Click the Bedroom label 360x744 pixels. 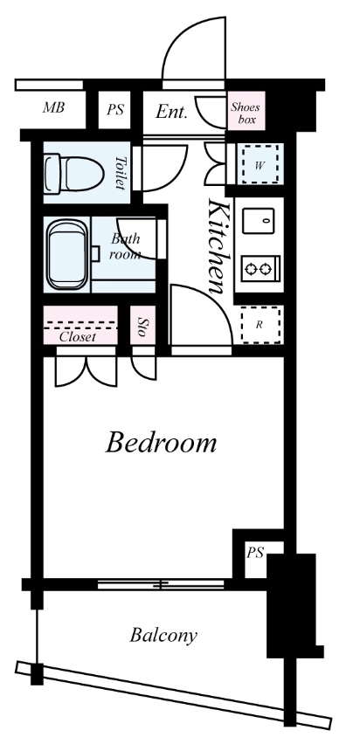[x=161, y=442]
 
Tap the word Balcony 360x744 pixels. [x=163, y=636]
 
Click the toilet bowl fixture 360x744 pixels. [x=74, y=174]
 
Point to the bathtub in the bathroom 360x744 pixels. [x=67, y=254]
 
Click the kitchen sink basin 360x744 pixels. [x=259, y=221]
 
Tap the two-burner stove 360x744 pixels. [x=260, y=269]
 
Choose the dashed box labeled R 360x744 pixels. [x=260, y=325]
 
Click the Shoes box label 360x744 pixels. [x=246, y=113]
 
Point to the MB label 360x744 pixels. [x=53, y=107]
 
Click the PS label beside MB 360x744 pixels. [x=115, y=110]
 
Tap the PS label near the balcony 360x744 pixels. [x=255, y=553]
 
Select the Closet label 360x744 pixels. [x=78, y=337]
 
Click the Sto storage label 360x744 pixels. [x=141, y=327]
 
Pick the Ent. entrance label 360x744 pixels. [x=171, y=112]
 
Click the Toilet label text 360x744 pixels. [x=121, y=173]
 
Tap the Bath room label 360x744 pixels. [x=125, y=245]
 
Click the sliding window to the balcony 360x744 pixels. [x=161, y=584]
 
